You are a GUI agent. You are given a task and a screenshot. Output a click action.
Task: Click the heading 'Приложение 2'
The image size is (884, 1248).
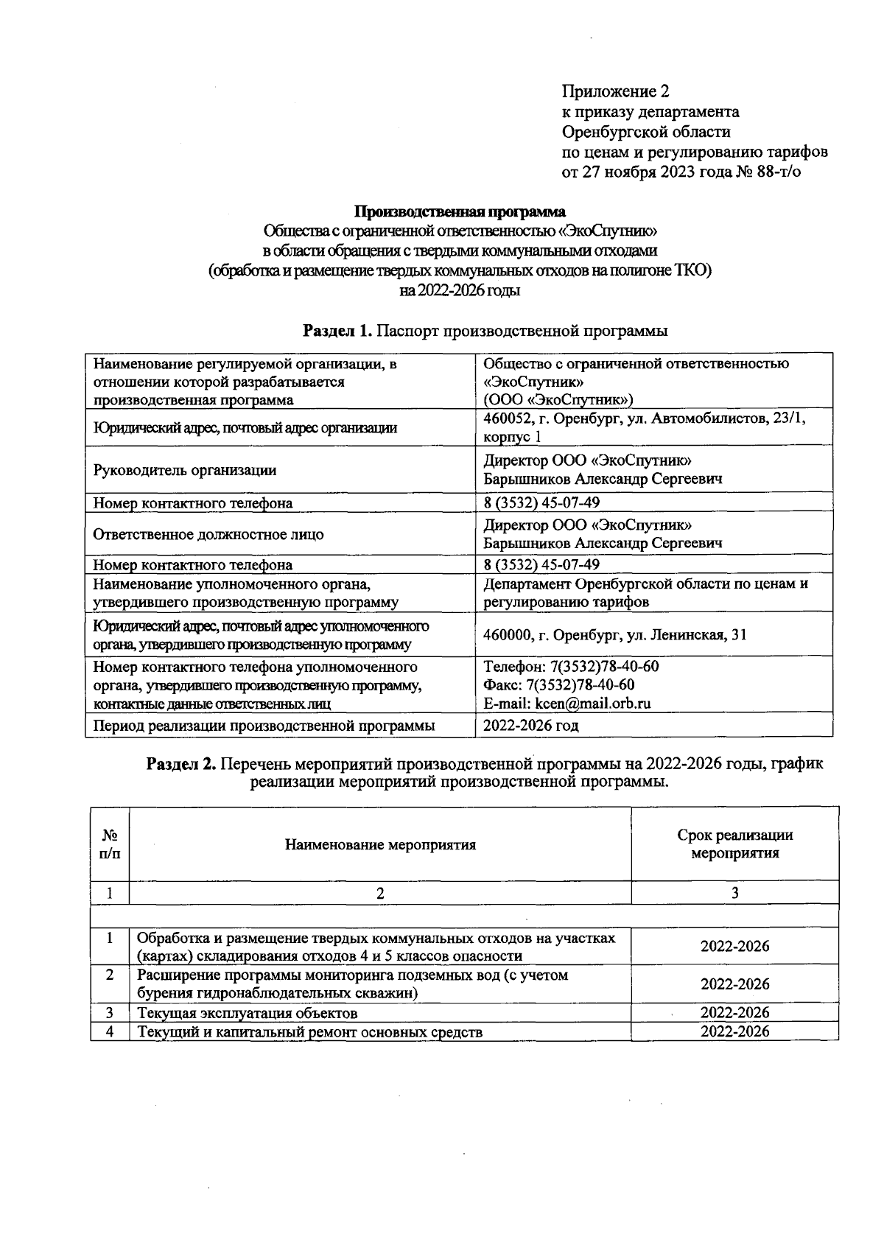pyautogui.click(x=615, y=91)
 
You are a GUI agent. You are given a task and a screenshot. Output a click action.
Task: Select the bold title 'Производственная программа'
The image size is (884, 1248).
pyautogui.click(x=460, y=212)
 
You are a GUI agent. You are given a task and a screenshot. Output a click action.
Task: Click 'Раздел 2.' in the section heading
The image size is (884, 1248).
pyautogui.click(x=181, y=764)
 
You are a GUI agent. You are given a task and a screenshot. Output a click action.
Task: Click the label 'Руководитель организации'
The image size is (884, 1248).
pyautogui.click(x=184, y=470)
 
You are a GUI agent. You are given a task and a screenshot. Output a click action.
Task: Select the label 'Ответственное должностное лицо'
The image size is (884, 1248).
pyautogui.click(x=208, y=534)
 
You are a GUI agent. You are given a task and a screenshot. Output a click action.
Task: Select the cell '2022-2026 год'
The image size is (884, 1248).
pyautogui.click(x=530, y=726)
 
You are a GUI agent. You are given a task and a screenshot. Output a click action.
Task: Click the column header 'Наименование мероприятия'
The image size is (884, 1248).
pyautogui.click(x=380, y=844)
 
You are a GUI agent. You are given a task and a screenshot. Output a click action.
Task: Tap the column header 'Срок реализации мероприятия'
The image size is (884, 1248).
pyautogui.click(x=734, y=844)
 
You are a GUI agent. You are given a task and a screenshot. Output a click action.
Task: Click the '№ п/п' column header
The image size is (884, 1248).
pyautogui.click(x=110, y=844)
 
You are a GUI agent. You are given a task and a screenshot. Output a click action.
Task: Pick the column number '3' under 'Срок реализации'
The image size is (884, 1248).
pyautogui.click(x=734, y=893)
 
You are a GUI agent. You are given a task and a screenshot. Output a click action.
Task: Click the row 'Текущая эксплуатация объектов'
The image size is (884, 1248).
pyautogui.click(x=248, y=1013)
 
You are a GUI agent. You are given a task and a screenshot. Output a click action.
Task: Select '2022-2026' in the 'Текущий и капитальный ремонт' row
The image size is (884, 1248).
pyautogui.click(x=734, y=1031)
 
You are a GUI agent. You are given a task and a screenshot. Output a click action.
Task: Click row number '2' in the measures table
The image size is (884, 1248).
pyautogui.click(x=110, y=975)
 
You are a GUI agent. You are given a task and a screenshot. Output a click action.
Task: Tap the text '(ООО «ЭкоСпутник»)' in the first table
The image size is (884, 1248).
pyautogui.click(x=558, y=400)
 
